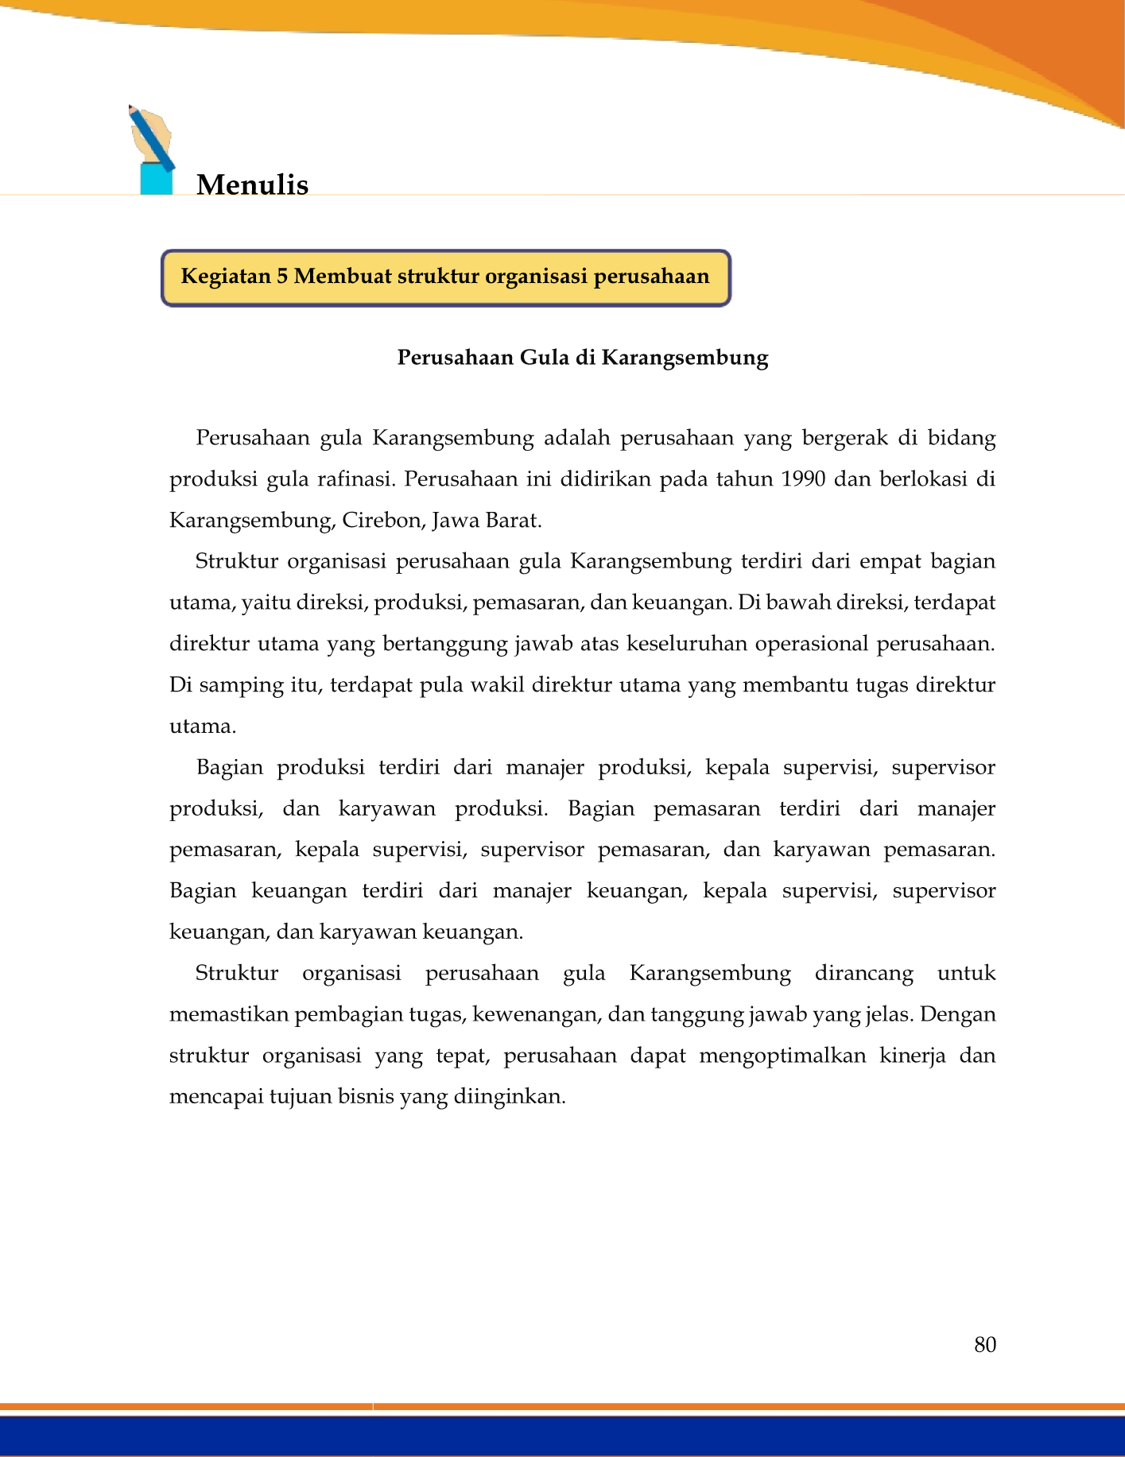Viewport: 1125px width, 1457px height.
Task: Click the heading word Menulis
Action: [252, 184]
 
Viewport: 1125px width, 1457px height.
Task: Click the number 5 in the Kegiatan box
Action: [281, 277]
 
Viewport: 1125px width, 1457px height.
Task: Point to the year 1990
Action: [803, 479]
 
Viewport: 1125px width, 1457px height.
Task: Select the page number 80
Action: [984, 1344]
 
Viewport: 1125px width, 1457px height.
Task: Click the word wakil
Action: [498, 685]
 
